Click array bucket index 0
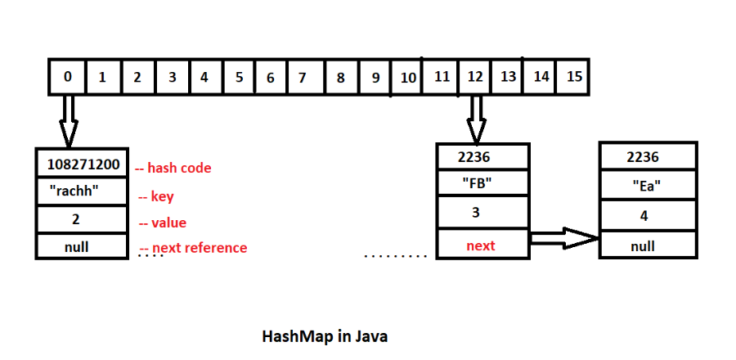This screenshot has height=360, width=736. coord(67,77)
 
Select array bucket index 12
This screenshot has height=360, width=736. coord(475,77)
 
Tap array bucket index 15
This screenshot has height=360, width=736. coord(574,77)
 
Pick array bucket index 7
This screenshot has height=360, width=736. coord(302,78)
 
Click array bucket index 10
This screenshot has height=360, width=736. coord(408,78)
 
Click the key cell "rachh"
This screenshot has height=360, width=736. coord(82,192)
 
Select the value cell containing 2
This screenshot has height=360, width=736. coord(82,219)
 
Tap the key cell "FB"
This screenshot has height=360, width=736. coord(483,183)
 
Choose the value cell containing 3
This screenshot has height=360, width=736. coord(483,214)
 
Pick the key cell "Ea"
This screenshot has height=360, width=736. coord(647,185)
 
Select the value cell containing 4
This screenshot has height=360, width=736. coord(647,216)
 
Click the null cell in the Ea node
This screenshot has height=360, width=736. coord(647,245)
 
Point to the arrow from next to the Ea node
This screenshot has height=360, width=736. coord(564,239)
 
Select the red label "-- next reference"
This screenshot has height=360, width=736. coord(193,248)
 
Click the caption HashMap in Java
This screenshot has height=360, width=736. coord(325,336)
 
